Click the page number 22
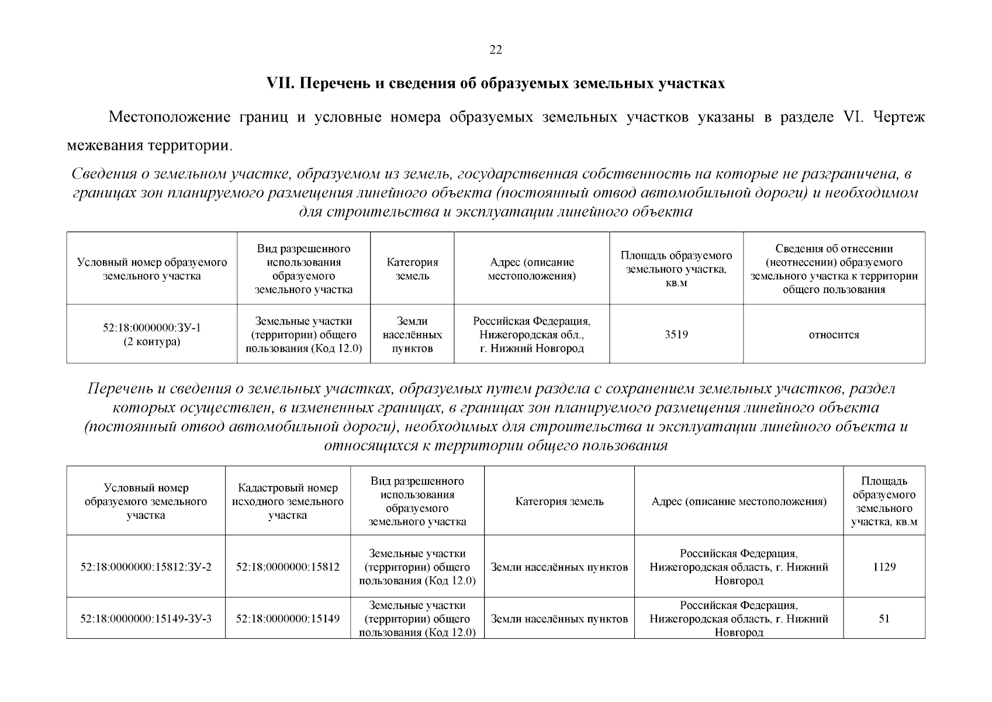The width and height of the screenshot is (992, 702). tap(495, 50)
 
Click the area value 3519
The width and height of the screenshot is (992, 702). tap(676, 335)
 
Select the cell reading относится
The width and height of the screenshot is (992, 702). tap(834, 335)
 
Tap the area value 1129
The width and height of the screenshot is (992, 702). tap(884, 567)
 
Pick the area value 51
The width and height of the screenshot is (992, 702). tap(884, 618)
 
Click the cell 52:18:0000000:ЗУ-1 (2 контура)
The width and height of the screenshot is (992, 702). tap(151, 335)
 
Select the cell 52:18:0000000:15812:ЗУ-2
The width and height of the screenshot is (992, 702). tap(146, 567)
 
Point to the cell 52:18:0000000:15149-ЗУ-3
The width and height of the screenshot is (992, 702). tap(146, 618)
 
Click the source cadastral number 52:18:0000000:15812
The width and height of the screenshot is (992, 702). tap(288, 567)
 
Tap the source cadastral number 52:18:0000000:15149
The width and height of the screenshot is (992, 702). tap(288, 618)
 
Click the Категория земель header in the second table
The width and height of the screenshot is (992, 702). tap(559, 501)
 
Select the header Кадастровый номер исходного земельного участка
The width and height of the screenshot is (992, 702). tap(288, 501)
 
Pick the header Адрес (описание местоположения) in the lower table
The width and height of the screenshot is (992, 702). tap(738, 501)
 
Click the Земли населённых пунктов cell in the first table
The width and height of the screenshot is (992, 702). tap(412, 335)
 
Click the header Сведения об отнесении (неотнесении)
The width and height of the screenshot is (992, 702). tap(834, 269)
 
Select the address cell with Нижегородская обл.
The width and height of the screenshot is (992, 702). tap(531, 335)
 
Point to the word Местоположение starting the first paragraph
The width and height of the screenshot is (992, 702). tap(169, 117)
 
